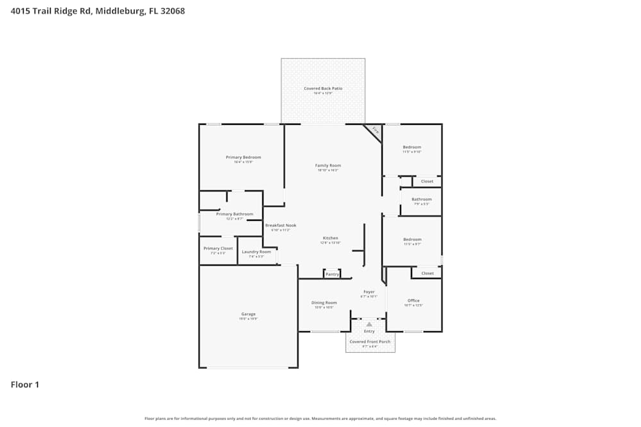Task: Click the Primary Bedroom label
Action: pyautogui.click(x=244, y=157)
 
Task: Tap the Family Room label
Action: pyautogui.click(x=328, y=165)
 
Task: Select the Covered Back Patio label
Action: pyautogui.click(x=323, y=88)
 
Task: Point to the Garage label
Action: pyautogui.click(x=248, y=314)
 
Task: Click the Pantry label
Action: pyautogui.click(x=332, y=274)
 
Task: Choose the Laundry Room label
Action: pyautogui.click(x=256, y=252)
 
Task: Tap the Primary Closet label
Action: pyautogui.click(x=218, y=248)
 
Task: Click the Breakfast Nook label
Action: pyautogui.click(x=281, y=225)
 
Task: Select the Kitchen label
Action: pyautogui.click(x=330, y=238)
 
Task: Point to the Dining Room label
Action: pyautogui.click(x=324, y=303)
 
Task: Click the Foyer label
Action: pyautogui.click(x=369, y=292)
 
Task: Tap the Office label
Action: pyautogui.click(x=413, y=300)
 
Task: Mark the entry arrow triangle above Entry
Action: pyautogui.click(x=369, y=325)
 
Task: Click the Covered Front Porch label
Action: pyautogui.click(x=370, y=342)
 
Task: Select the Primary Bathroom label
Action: pyautogui.click(x=235, y=214)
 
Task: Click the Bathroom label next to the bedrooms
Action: pyautogui.click(x=422, y=199)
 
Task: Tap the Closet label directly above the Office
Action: pyautogui.click(x=428, y=273)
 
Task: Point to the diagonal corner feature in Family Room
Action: pyautogui.click(x=374, y=131)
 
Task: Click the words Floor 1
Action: pyautogui.click(x=25, y=385)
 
